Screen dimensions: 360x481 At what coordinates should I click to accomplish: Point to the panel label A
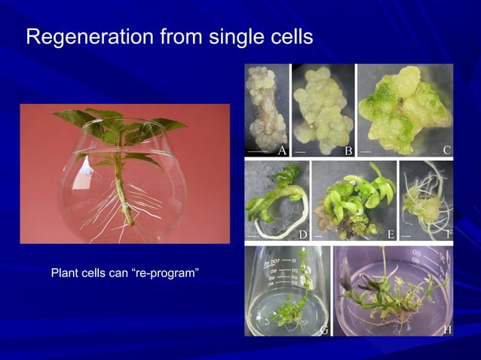coord(282,150)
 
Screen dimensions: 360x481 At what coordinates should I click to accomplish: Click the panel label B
coord(348,150)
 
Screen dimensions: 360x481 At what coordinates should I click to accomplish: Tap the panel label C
coord(447,150)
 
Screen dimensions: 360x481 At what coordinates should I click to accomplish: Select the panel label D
coord(303,234)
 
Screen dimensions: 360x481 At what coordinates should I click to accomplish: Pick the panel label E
coord(391,234)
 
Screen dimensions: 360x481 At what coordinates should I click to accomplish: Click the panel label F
coord(449,234)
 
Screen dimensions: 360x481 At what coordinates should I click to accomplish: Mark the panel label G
coord(324,329)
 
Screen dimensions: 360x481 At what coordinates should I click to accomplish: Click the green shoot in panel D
coord(271,200)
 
